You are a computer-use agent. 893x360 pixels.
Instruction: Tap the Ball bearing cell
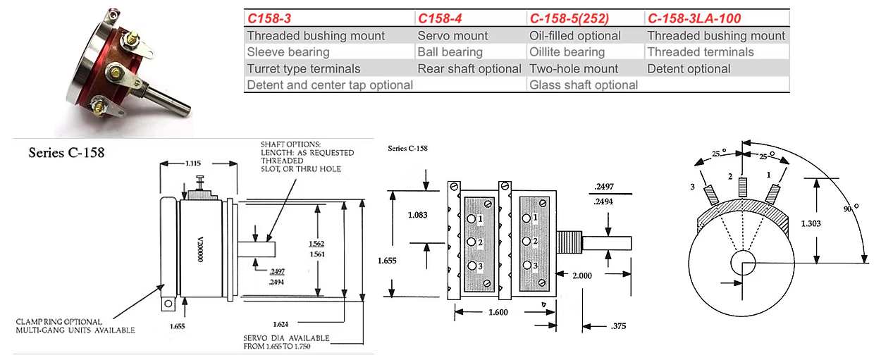pyautogui.click(x=450, y=51)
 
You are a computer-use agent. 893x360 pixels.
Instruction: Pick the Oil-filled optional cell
pyautogui.click(x=575, y=35)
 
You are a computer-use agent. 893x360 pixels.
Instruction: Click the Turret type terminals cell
pyautogui.click(x=304, y=68)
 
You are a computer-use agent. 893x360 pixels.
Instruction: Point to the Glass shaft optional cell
pyautogui.click(x=584, y=85)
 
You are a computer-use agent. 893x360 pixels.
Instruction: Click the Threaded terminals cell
pyautogui.click(x=701, y=51)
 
